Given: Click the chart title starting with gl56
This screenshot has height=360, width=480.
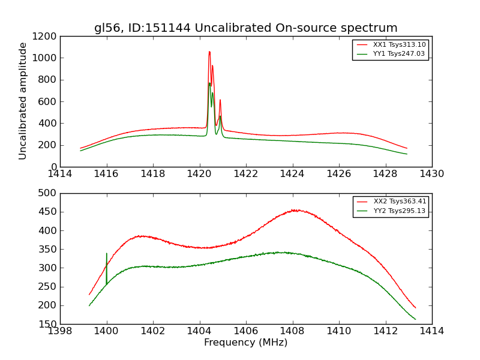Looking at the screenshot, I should [x=245, y=28].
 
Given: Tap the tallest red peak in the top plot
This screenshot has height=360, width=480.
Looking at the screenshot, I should [x=209, y=52].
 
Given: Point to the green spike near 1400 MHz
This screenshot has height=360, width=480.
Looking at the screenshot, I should [x=107, y=254].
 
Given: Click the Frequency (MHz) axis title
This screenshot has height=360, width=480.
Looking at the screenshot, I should [x=245, y=343].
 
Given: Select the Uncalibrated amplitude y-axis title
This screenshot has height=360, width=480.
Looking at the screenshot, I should [x=23, y=101].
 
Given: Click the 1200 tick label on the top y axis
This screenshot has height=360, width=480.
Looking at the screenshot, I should [x=46, y=37].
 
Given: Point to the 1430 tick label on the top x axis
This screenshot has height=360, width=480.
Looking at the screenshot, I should [x=431, y=174].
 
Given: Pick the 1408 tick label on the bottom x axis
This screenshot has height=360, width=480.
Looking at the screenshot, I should [x=292, y=331].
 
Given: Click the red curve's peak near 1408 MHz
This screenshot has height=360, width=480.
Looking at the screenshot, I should [x=294, y=210].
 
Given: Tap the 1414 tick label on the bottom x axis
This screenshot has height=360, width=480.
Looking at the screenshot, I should [x=431, y=331].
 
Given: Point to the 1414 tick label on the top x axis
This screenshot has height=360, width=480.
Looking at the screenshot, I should [x=60, y=174].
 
